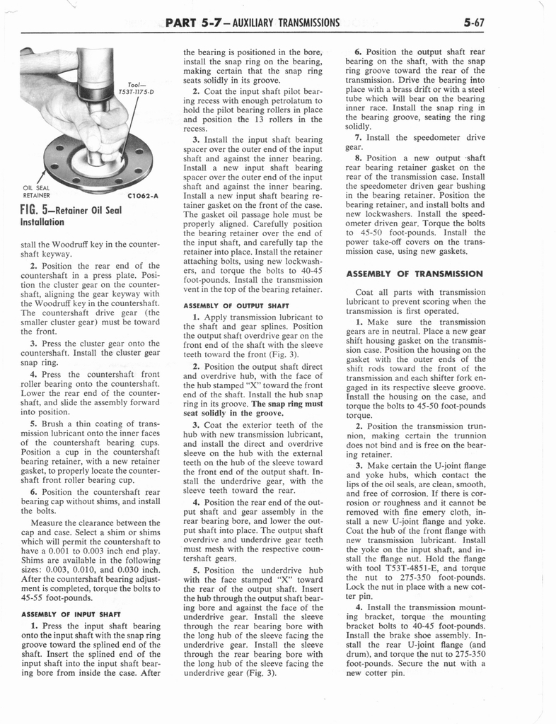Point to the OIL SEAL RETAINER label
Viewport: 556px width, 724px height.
tap(36, 191)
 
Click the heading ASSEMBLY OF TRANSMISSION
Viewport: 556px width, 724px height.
tap(415, 273)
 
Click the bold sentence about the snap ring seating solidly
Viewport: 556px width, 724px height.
tap(253, 409)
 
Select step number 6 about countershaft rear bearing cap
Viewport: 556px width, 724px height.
tap(33, 491)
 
